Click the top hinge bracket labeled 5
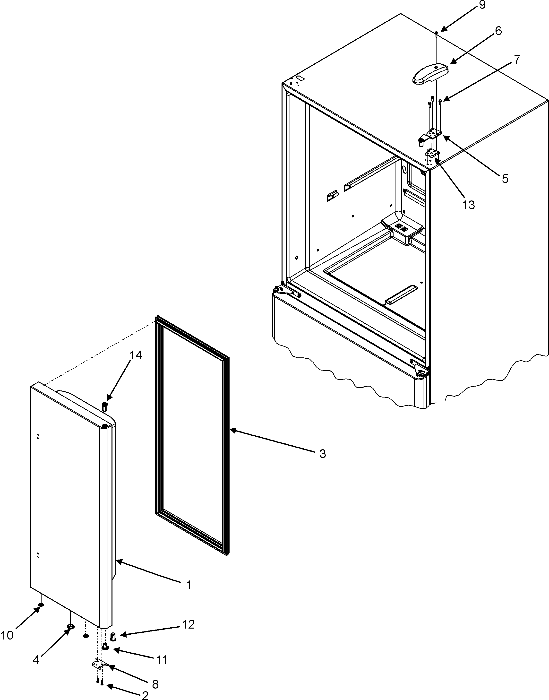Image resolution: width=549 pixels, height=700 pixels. pyautogui.click(x=431, y=135)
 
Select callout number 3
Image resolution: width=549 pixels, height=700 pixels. pyautogui.click(x=322, y=454)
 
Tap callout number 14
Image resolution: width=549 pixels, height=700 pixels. pyautogui.click(x=136, y=355)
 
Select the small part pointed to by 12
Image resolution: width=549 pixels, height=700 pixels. pyautogui.click(x=113, y=636)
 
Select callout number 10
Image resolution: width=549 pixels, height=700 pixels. pyautogui.click(x=7, y=635)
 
